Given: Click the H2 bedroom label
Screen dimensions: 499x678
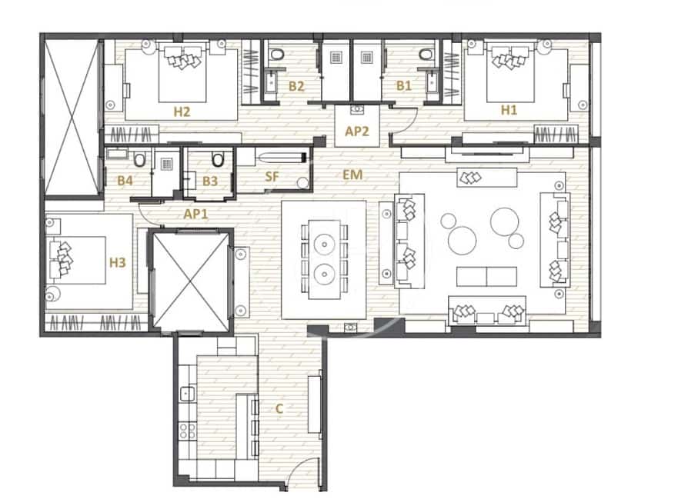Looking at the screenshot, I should click(x=182, y=111).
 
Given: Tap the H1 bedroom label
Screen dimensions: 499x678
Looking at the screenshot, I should click(x=509, y=110).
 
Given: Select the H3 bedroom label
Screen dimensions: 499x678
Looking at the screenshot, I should click(x=117, y=262).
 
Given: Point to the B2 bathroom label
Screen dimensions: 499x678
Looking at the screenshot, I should click(x=296, y=86).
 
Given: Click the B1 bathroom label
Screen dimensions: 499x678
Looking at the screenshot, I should click(x=403, y=86).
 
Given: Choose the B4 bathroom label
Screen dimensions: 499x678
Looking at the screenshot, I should click(x=125, y=181).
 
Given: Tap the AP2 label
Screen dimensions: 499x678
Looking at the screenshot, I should click(x=357, y=131).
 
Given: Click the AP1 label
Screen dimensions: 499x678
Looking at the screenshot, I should click(x=195, y=214).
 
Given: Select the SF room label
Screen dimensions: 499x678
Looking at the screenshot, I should click(x=272, y=177).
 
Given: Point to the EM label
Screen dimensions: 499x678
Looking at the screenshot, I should click(x=352, y=175).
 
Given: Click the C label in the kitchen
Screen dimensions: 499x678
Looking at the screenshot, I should click(x=279, y=409).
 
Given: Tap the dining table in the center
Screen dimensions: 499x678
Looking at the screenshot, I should click(x=323, y=259).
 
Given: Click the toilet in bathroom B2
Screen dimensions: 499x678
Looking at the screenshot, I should click(x=278, y=55).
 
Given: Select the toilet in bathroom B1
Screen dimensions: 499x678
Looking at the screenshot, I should click(x=424, y=55).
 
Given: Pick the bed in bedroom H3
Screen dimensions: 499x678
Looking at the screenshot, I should click(x=77, y=258).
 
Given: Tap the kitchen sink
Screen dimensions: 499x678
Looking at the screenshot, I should click(x=185, y=394).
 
